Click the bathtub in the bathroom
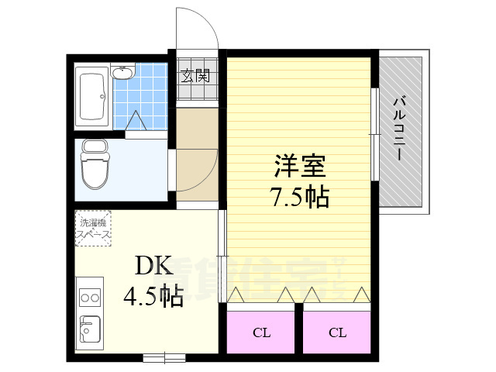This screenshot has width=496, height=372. [x=94, y=97]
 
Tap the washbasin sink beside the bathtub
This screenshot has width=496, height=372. [x=123, y=74]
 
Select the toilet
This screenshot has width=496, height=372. [x=96, y=164]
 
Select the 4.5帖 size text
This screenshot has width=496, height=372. [x=153, y=296]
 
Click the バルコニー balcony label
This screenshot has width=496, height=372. [x=400, y=128]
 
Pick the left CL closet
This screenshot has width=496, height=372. [x=261, y=332]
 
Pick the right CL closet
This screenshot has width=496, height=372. [x=336, y=332]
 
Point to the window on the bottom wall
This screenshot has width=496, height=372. [x=164, y=357]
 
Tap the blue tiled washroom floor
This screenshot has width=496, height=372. [x=147, y=97]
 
